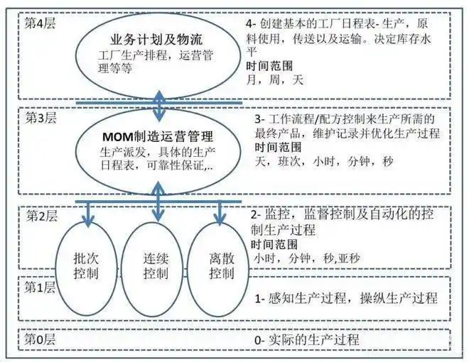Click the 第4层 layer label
(41, 22)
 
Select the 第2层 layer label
(41, 214)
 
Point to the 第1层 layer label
(41, 288)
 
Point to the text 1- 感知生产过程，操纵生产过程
(345, 297)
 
